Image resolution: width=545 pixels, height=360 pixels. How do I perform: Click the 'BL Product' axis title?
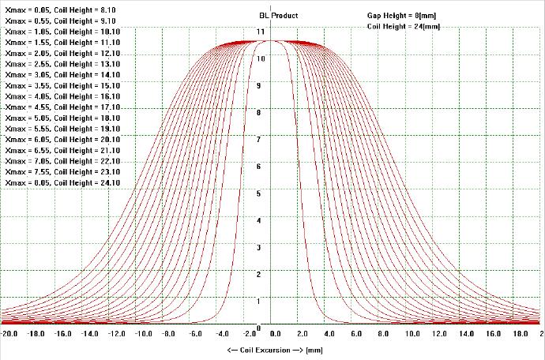(278, 15)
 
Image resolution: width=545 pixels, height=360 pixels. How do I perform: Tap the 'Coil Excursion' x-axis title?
(272, 349)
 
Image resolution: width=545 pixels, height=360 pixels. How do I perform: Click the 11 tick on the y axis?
(261, 31)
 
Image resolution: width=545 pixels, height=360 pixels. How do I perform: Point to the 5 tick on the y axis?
(261, 193)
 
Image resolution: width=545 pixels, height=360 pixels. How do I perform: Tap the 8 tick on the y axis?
(261, 112)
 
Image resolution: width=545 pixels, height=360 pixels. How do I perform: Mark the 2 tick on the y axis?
(261, 274)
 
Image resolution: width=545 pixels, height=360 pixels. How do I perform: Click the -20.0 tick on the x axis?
(9, 334)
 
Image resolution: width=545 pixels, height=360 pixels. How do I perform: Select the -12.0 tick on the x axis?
(117, 334)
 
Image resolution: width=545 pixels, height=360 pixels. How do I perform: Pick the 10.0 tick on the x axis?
(411, 334)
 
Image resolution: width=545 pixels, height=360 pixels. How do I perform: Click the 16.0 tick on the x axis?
(491, 334)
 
